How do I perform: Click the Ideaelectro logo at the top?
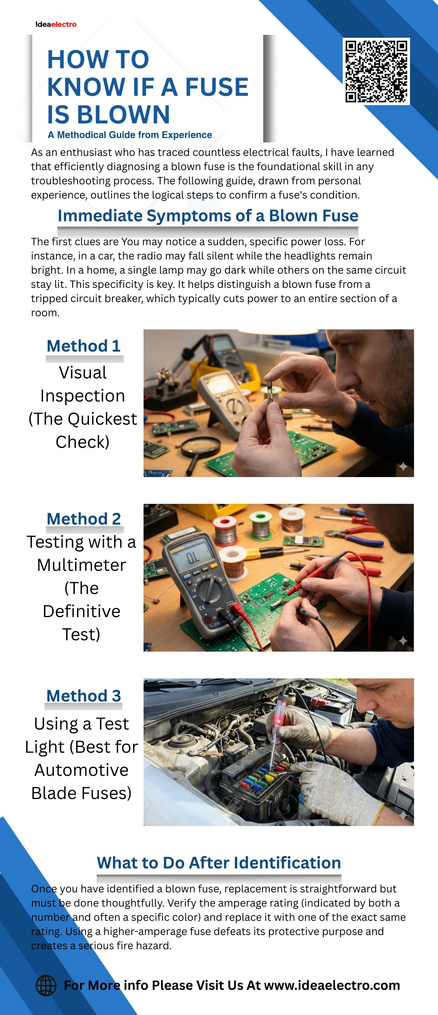coord(56,24)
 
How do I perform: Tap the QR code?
coord(376,71)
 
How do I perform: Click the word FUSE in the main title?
coord(217,87)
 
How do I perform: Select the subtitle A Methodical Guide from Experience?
coord(130,135)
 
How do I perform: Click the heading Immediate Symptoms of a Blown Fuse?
coord(208,216)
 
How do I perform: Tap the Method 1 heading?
coord(84,346)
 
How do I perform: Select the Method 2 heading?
coord(84,518)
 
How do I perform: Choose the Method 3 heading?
coord(84,695)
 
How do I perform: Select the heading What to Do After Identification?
coord(219,863)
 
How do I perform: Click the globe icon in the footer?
coord(46,985)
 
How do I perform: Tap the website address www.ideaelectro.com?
coord(332,985)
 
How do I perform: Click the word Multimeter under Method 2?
coord(82,565)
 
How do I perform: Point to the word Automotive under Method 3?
coord(82,770)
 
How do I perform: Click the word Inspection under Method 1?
coord(83,396)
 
